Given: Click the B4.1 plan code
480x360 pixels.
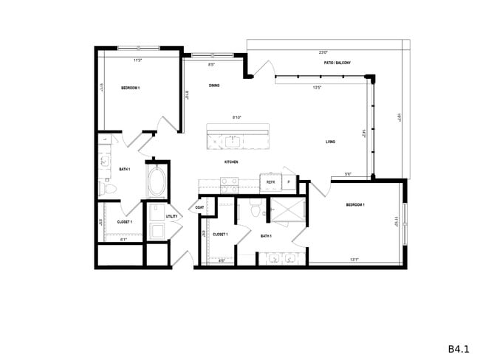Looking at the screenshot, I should (459, 347).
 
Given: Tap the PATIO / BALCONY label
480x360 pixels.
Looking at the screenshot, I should (337, 63).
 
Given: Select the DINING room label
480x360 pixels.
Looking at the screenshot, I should (213, 86).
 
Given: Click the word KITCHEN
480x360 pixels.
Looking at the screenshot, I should (231, 162).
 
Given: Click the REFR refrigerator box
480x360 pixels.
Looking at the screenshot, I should (270, 181).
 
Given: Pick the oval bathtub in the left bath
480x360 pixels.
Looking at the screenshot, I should (157, 181).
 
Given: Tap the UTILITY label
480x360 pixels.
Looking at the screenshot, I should (171, 216).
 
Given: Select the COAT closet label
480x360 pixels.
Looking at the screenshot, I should (199, 207).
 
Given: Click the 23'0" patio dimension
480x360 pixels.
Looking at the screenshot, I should (323, 53).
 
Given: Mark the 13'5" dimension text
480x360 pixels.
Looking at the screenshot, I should (318, 87).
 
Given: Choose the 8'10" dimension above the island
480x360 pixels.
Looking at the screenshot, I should (237, 117).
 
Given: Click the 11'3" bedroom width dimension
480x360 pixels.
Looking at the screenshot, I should (137, 61).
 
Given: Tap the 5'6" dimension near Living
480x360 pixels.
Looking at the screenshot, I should (348, 174).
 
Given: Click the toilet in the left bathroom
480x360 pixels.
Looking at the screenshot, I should (106, 190).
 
